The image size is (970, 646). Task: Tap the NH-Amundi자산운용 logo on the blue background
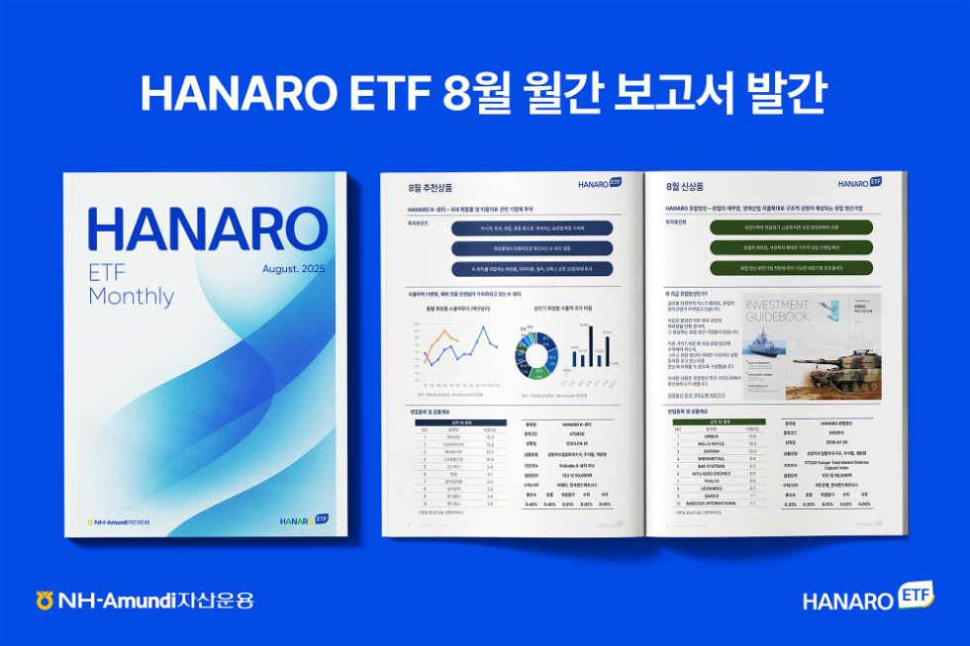coord(144,600)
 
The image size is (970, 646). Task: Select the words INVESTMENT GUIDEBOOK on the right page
coord(776,312)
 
